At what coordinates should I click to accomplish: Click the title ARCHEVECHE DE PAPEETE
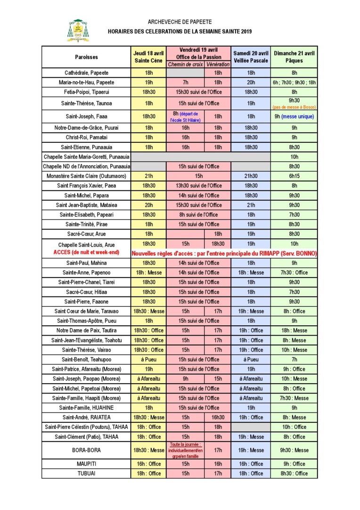(180, 22)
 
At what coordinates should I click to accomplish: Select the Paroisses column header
(86, 57)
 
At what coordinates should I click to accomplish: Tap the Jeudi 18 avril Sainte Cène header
(148, 57)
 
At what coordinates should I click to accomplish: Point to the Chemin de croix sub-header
(185, 64)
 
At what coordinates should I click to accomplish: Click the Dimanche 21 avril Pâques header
(295, 57)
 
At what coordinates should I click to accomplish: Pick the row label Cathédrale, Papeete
(86, 73)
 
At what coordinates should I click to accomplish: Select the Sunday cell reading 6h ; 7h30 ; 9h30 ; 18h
(295, 82)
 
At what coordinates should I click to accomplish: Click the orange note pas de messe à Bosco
(295, 107)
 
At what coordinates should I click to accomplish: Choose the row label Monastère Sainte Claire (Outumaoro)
(86, 176)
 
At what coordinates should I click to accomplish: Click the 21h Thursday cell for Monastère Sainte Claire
(148, 176)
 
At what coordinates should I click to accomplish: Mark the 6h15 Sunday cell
(295, 176)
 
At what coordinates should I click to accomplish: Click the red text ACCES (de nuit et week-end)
(86, 253)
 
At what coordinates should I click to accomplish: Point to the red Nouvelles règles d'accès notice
(224, 254)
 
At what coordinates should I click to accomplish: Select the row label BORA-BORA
(86, 450)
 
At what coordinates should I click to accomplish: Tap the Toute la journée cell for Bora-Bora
(185, 450)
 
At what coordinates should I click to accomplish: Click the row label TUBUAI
(86, 473)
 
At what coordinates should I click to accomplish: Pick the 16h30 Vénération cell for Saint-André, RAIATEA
(218, 417)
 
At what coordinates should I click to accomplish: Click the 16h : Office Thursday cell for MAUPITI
(148, 464)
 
